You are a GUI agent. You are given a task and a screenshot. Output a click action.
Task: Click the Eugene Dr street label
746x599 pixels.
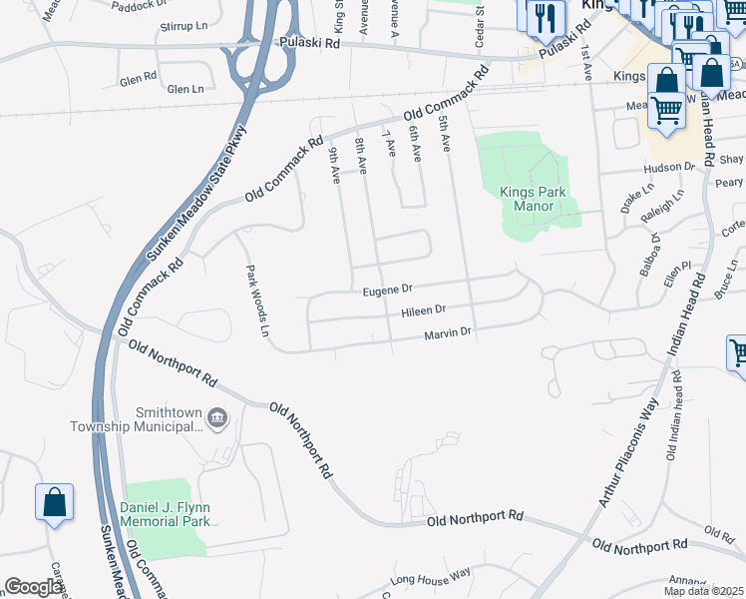[387, 290]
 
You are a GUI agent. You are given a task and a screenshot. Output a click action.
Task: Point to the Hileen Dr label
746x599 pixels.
[423, 311]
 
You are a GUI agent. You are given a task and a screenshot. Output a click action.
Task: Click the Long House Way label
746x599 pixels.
[430, 577]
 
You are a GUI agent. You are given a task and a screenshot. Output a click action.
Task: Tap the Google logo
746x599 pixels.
[33, 587]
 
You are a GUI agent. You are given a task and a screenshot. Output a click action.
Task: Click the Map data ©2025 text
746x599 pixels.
[703, 591]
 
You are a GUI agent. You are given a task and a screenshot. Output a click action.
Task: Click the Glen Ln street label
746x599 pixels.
[185, 89]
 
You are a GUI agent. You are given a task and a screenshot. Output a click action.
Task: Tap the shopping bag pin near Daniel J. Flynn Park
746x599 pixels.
[54, 503]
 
